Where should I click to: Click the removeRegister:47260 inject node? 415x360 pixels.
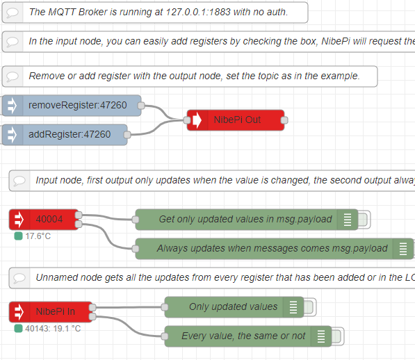[72, 106]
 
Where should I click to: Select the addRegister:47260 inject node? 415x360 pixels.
[65, 135]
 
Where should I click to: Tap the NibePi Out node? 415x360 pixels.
[236, 120]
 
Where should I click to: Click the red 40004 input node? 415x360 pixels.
[44, 220]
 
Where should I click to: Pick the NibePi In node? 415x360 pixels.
[51, 312]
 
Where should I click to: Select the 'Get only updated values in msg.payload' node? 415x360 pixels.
[247, 220]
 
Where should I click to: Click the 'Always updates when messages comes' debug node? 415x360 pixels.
[275, 249]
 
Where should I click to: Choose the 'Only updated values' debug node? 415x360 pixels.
[234, 307]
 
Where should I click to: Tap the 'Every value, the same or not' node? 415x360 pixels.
[248, 336]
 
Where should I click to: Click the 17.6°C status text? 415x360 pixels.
[38, 236]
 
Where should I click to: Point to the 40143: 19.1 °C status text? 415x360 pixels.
[53, 329]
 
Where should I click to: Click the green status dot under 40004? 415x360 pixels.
[18, 236]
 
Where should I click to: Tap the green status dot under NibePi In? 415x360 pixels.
[18, 329]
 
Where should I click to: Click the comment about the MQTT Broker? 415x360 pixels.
[155, 13]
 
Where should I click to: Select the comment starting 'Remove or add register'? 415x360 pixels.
[190, 76]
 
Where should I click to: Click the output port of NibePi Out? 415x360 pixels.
[284, 120]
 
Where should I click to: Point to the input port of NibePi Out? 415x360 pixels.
[187, 120]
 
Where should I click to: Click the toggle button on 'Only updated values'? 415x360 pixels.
[309, 307]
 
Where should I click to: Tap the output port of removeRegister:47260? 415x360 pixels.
[141, 106]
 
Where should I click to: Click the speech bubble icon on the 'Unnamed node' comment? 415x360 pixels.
[19, 278]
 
